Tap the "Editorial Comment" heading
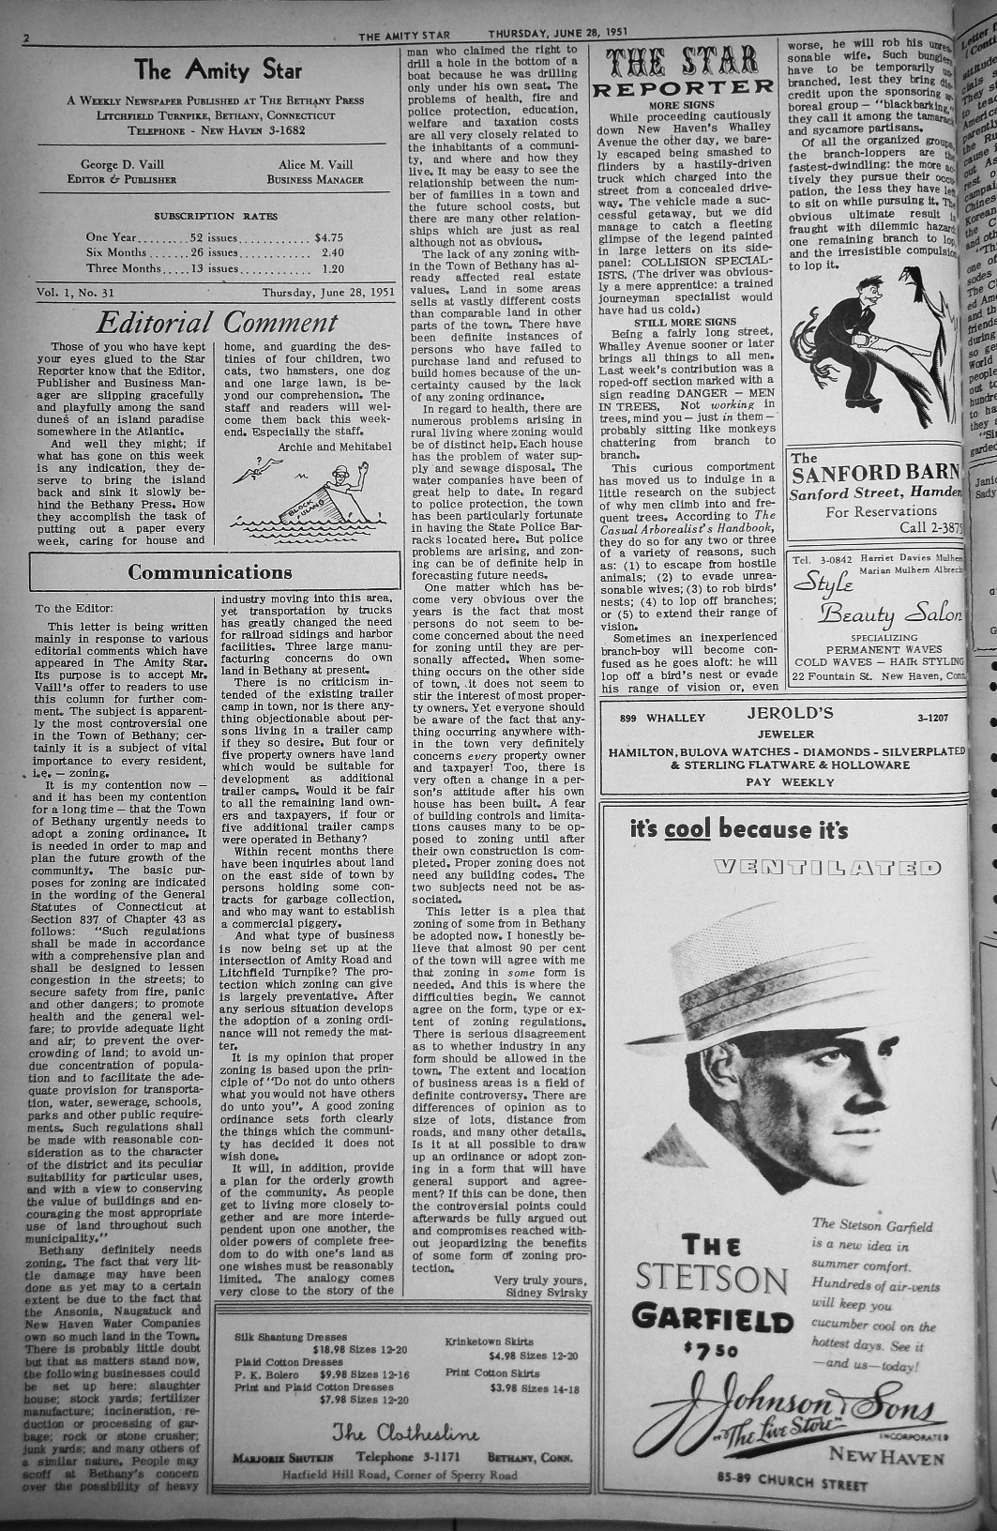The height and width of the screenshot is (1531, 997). [x=218, y=323]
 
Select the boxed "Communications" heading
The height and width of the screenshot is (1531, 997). [x=209, y=572]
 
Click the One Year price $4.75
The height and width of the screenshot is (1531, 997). [x=329, y=237]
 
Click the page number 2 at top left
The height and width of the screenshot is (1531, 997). [x=28, y=38]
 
